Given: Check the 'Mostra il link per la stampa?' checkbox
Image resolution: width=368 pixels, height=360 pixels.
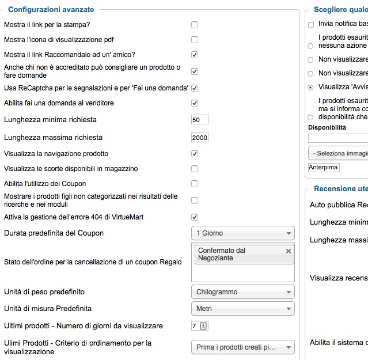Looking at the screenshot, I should [195, 25].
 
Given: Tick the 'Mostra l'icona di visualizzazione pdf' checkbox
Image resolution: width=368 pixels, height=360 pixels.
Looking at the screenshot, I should [195, 40].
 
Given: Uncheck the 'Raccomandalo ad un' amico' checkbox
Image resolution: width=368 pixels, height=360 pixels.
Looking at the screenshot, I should [195, 55].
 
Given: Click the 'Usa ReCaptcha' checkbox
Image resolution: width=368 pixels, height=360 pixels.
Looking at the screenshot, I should [195, 88].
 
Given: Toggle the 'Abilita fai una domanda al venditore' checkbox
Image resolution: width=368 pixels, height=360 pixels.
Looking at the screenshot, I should [195, 103].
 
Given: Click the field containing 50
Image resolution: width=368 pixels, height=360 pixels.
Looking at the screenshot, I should [200, 120].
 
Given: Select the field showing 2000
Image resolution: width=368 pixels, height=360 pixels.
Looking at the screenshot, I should [200, 138].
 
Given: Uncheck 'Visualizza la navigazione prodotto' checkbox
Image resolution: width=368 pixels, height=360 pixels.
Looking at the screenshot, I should [195, 154].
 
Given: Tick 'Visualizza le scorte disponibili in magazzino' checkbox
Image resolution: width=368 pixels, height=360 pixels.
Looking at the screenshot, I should [195, 169].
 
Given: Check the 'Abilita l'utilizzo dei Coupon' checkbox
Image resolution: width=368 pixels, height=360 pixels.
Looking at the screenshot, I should [195, 184].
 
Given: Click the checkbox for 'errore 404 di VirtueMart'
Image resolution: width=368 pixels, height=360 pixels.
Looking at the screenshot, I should [195, 217].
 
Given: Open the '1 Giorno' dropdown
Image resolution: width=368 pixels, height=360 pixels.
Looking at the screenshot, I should [242, 233].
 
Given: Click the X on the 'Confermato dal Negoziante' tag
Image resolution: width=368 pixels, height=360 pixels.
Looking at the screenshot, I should [289, 251].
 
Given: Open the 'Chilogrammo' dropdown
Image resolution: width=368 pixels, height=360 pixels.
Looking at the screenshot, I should [242, 292].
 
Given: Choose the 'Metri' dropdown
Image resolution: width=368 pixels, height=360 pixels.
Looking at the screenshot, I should [242, 309].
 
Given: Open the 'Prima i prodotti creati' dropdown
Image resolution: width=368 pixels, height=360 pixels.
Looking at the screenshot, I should [242, 347].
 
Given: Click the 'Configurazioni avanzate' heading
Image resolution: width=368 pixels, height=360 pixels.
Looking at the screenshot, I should [51, 9].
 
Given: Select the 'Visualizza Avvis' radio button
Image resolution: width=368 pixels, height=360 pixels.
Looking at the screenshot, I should [311, 88].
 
